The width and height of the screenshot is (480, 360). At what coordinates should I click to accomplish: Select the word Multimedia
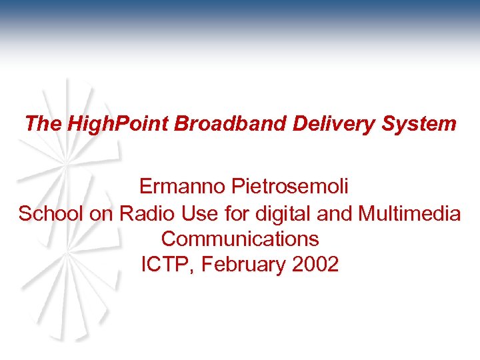(409, 213)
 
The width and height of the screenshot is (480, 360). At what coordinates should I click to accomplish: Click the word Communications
(240, 239)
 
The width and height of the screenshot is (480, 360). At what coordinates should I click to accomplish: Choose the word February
(245, 265)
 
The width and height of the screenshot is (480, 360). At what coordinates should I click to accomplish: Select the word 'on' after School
(101, 213)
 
